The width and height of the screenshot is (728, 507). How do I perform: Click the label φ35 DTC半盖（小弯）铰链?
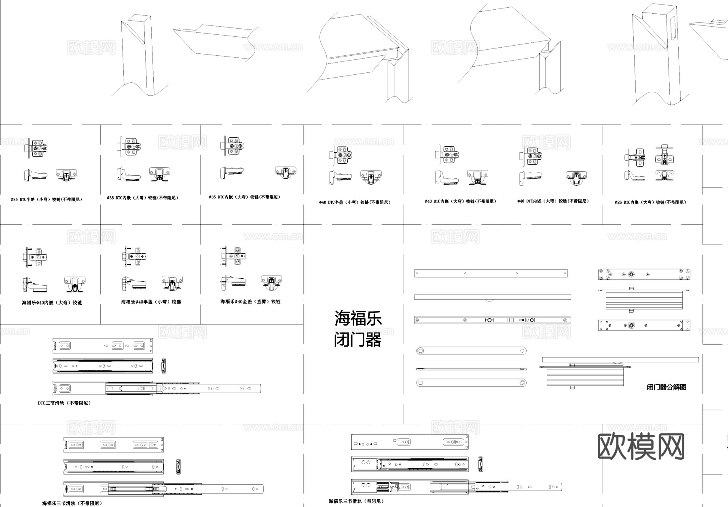pos(46,200)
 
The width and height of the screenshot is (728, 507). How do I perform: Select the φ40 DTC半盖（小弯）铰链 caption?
pos(355,202)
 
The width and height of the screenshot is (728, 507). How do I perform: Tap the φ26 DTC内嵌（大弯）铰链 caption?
pos(650,202)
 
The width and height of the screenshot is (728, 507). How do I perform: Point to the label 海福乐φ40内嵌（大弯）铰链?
pos(52,303)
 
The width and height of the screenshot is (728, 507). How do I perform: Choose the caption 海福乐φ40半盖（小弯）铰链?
pos(151,302)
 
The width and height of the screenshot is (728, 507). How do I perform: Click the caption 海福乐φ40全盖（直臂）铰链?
pos(250,302)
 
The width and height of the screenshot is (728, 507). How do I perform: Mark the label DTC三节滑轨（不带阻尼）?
pos(64,403)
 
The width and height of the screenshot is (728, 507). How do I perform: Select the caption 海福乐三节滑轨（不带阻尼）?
pos(72,503)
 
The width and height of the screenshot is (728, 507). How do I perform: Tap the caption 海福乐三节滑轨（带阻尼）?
pos(356,501)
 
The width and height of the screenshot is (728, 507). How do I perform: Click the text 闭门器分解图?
pos(666,387)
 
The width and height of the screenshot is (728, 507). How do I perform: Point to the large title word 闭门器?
pos(358,340)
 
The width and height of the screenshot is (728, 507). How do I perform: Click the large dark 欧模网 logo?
pos(641,447)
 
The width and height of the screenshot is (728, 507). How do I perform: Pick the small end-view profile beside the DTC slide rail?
pos(163,365)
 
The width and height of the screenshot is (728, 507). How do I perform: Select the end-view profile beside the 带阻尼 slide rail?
pos(480,464)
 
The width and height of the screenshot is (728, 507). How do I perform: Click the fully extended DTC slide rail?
pos(157,389)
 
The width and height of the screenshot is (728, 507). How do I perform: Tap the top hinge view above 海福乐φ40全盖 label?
pos(233,256)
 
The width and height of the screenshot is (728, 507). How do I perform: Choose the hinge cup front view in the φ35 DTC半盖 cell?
pos(66,175)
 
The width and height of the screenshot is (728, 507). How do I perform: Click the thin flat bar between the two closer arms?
pos(471,369)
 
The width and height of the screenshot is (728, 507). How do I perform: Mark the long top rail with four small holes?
pos(491,273)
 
